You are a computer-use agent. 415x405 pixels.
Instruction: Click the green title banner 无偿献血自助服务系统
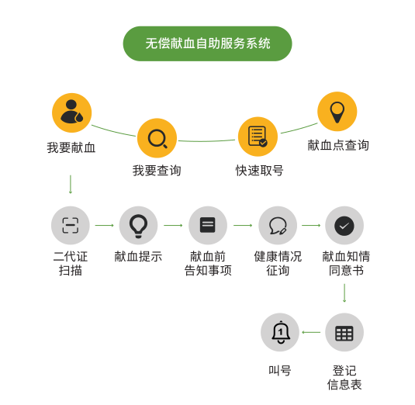[x=208, y=43]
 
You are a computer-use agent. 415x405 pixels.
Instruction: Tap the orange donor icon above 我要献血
[x=71, y=112]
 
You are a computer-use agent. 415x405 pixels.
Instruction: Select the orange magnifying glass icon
[x=157, y=138]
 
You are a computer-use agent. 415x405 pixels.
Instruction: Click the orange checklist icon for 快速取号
[x=258, y=137]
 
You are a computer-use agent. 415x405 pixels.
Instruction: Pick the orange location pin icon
[x=337, y=112]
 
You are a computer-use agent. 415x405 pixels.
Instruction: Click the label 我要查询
[x=157, y=171]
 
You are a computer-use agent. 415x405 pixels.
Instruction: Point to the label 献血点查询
[x=338, y=145]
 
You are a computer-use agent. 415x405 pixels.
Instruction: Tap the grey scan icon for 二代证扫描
[x=71, y=225]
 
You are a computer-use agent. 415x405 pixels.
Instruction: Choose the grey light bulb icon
[x=138, y=225]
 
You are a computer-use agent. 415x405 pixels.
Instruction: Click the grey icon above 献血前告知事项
[x=208, y=225]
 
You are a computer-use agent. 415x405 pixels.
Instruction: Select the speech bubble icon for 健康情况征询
[x=278, y=225]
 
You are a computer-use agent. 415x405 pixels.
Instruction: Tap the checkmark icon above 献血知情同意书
[x=344, y=225]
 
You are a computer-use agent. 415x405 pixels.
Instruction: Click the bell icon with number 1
[x=280, y=332]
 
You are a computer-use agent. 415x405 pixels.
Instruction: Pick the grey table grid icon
[x=344, y=332]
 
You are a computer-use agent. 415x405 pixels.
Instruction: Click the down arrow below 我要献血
[x=71, y=184]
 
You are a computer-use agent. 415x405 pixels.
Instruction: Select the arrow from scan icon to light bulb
[x=105, y=225]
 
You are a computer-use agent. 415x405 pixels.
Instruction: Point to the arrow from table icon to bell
[x=311, y=332]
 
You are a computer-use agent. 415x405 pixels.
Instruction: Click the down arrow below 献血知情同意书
[x=344, y=293]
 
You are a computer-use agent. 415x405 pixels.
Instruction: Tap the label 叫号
[x=280, y=371]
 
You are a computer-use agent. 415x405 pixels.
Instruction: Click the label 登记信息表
[x=344, y=378]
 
